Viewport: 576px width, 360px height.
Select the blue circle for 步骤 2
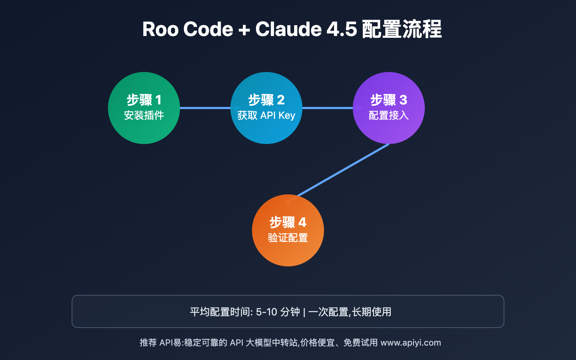click(x=266, y=131)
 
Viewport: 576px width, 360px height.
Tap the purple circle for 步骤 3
click(x=389, y=131)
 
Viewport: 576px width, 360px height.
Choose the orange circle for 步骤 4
click(x=288, y=254)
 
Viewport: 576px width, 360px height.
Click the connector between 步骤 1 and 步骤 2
click(x=205, y=108)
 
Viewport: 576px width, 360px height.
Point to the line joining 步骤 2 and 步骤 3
click(x=328, y=108)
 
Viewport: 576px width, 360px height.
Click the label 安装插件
click(x=144, y=115)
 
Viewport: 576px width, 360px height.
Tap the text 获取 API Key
click(x=266, y=115)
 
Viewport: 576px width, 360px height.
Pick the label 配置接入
click(x=389, y=115)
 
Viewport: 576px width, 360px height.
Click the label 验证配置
click(x=288, y=238)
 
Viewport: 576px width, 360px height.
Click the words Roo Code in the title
click(x=188, y=29)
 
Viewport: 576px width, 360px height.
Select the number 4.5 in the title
click(x=341, y=29)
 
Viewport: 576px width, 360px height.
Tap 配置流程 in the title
click(x=401, y=29)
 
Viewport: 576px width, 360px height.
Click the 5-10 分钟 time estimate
click(x=278, y=312)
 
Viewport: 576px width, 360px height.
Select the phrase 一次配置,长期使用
click(x=350, y=312)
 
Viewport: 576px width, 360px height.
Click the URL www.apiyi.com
click(x=411, y=342)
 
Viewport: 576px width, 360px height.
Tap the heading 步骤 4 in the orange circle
click(x=288, y=222)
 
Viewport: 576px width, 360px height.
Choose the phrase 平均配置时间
click(x=220, y=312)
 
